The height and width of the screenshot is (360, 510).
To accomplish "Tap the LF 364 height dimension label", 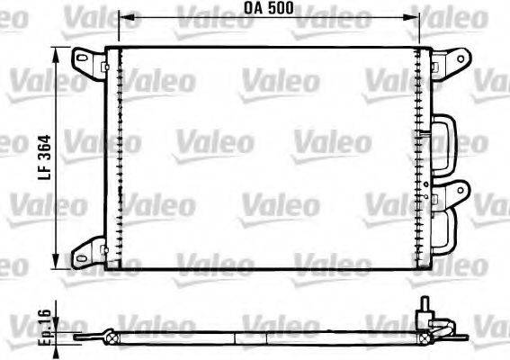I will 42,157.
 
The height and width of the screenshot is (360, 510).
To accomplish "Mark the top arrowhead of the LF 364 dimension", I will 60,50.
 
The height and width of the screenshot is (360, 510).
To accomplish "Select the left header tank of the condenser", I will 112,157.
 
